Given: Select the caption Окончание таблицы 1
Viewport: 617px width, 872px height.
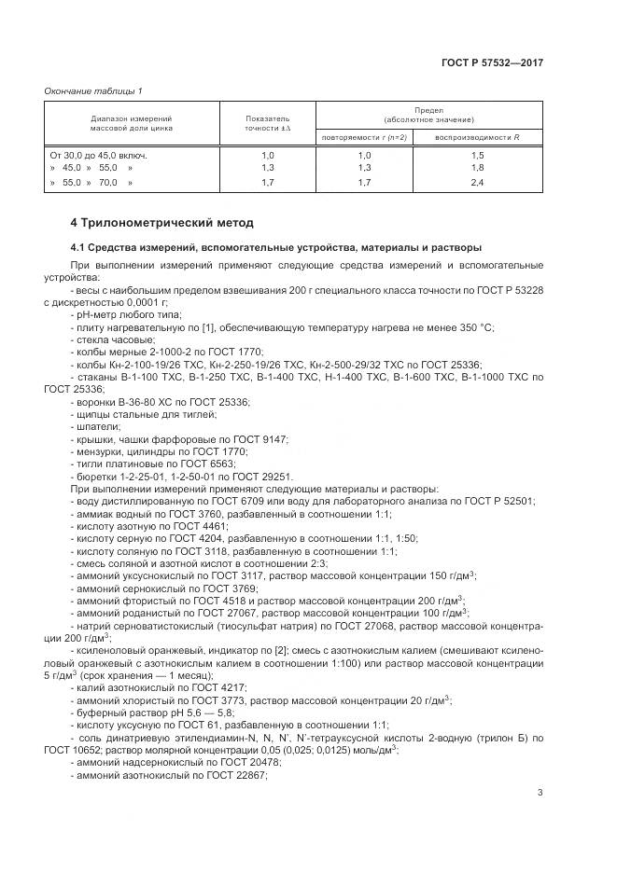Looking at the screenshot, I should click(x=92, y=90).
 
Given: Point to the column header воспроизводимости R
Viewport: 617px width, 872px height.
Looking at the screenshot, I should click(x=477, y=137).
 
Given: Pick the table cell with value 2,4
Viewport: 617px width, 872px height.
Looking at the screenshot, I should click(x=477, y=183).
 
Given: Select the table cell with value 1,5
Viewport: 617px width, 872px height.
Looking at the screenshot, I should click(x=477, y=154).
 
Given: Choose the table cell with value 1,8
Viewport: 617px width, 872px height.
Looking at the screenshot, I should click(x=477, y=167).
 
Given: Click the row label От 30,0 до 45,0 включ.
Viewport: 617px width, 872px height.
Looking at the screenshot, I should click(x=98, y=154).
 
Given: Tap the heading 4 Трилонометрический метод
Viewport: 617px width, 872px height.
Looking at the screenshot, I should click(x=161, y=223).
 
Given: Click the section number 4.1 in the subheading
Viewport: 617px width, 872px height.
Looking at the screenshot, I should click(x=79, y=247).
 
